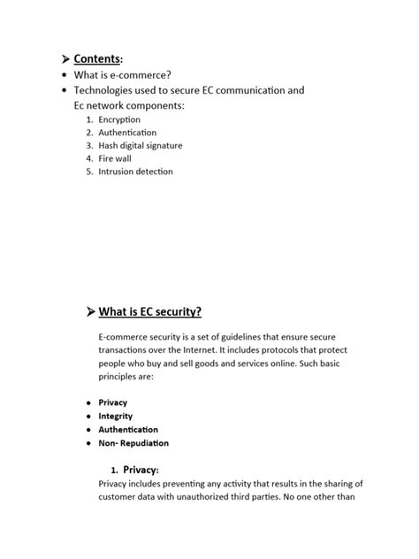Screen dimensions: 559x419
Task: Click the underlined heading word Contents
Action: [x=96, y=58]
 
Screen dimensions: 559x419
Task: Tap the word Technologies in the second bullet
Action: [x=109, y=90]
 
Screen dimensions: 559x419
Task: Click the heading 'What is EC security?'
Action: [x=150, y=311]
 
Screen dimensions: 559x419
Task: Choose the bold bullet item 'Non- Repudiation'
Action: [x=133, y=443]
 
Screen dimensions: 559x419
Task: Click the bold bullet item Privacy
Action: [x=113, y=402]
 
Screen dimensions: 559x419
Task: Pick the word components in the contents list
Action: [x=154, y=105]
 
